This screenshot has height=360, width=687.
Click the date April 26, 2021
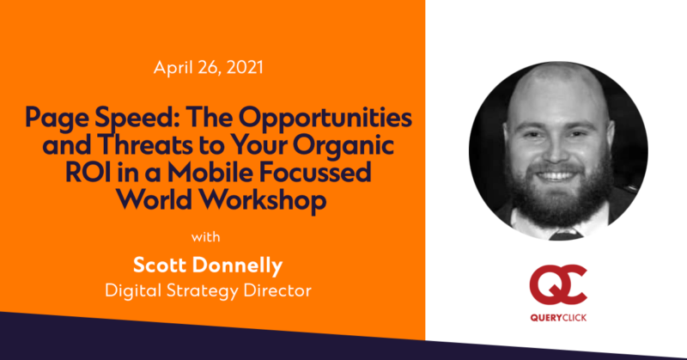coord(208,68)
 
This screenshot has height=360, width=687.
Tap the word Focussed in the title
coord(315,173)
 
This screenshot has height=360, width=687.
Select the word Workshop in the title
coord(264,201)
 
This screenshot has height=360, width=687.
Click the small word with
coord(206,237)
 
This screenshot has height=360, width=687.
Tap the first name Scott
coord(160,265)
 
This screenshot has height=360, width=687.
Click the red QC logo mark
coord(558,285)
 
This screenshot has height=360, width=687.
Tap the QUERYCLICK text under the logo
coord(558,318)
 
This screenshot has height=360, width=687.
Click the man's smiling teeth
coord(556,176)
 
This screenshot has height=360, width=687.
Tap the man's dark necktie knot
coord(565,235)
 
